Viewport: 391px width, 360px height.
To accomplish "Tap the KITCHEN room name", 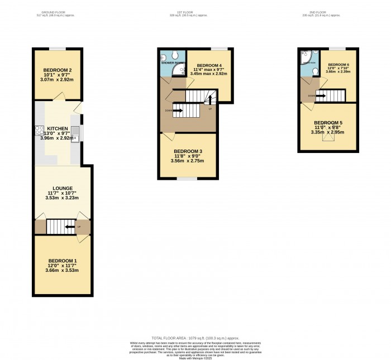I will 58,129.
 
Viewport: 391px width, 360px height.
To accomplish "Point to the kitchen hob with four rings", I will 40,131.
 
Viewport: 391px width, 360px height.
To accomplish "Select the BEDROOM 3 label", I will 188,151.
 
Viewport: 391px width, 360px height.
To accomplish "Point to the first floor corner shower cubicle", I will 179,70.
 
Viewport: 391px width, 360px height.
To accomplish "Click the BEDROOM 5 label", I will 328,123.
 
